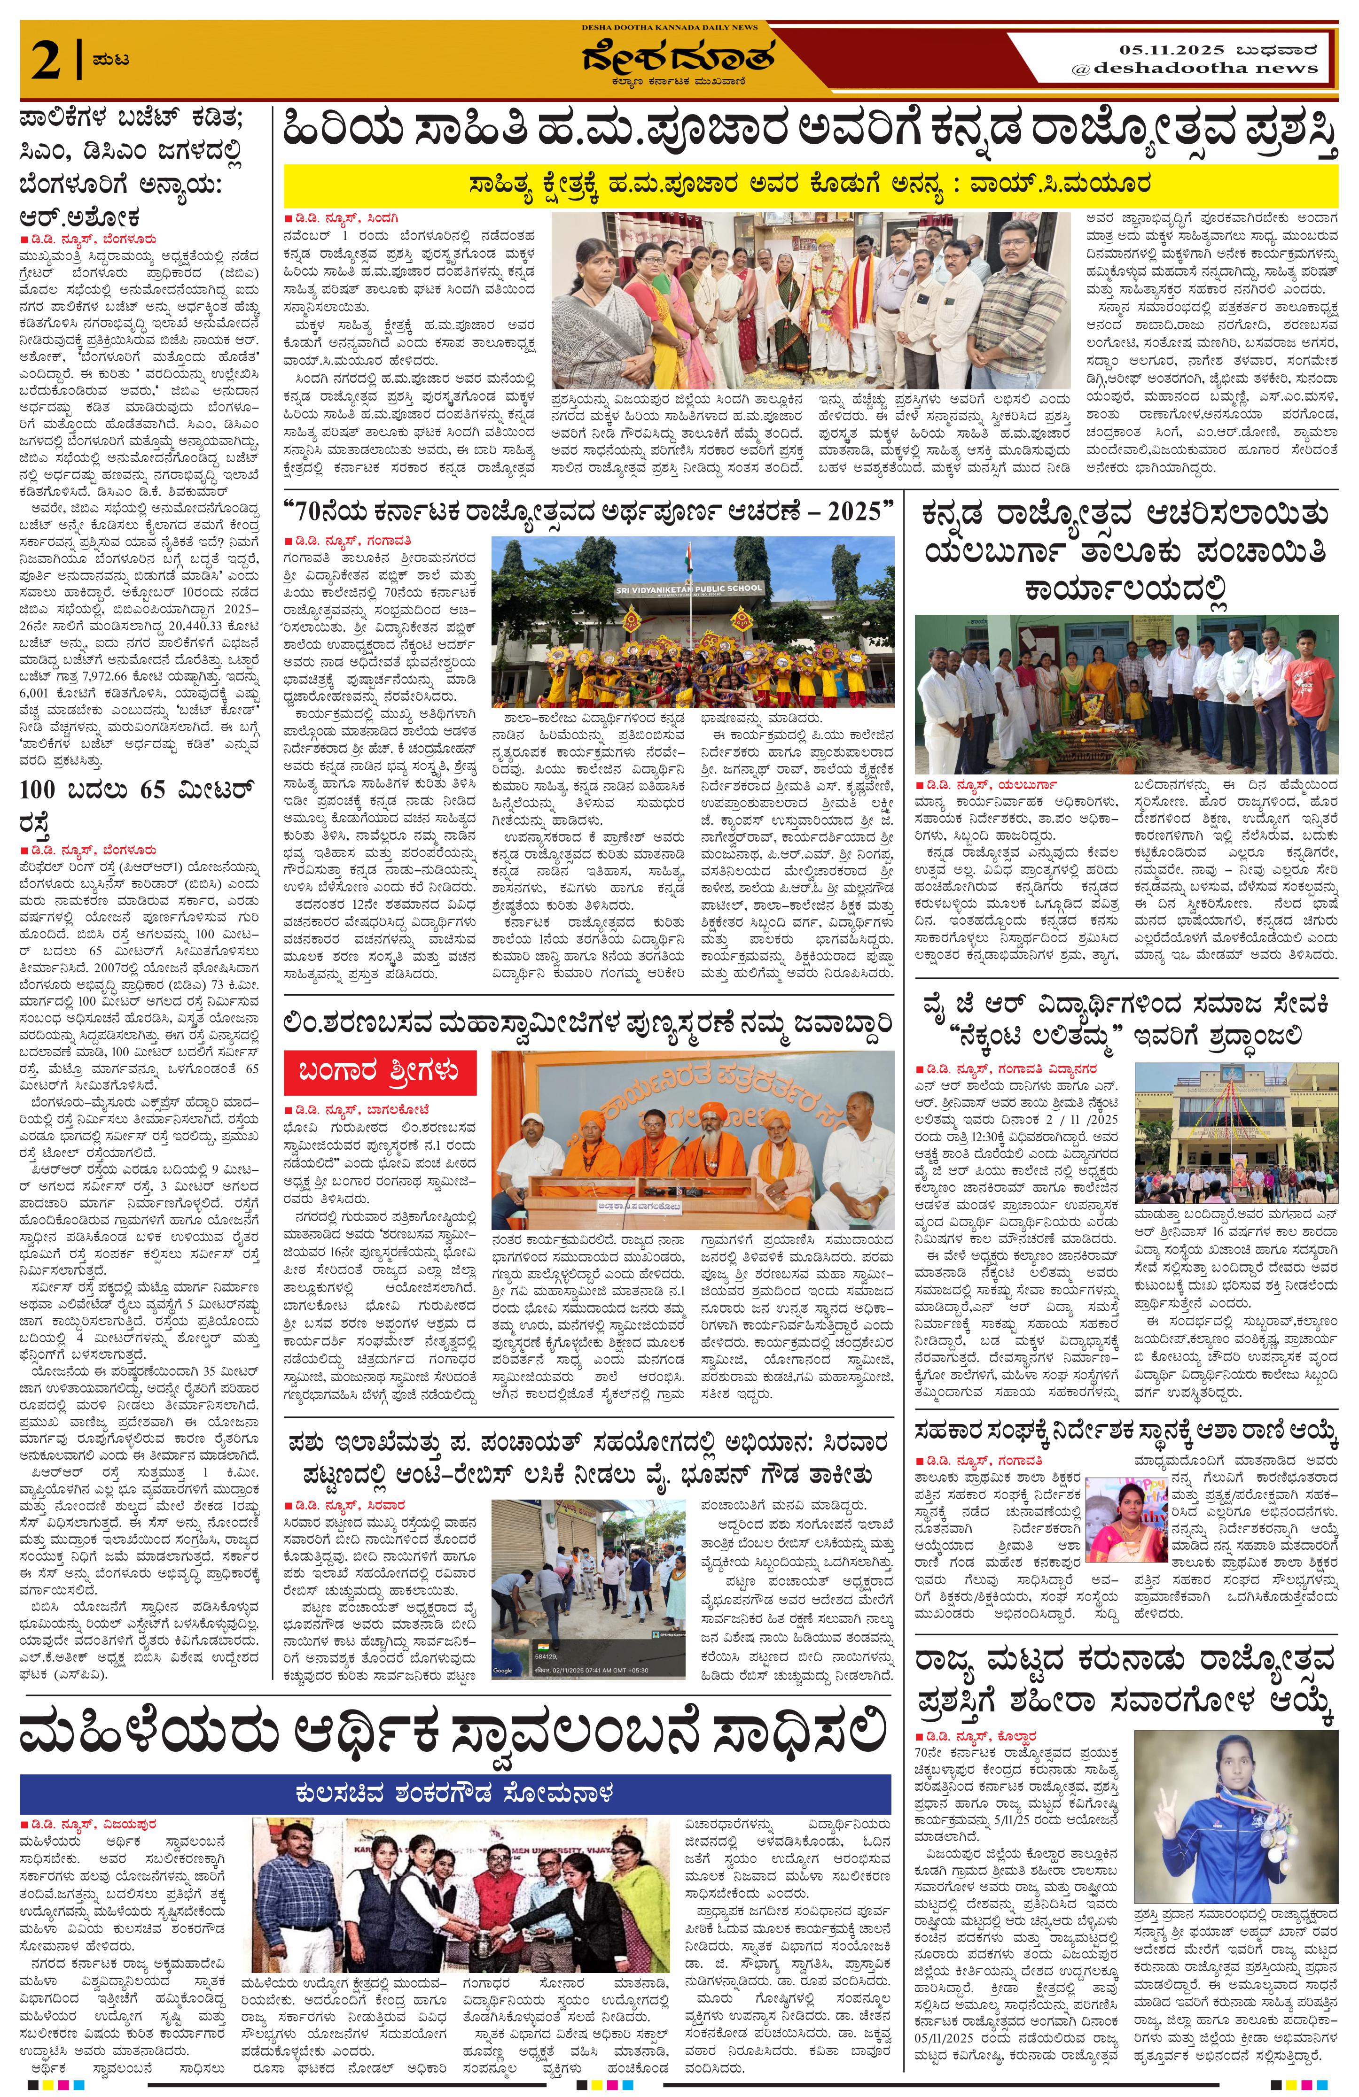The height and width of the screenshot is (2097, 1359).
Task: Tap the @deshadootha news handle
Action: (x=1194, y=68)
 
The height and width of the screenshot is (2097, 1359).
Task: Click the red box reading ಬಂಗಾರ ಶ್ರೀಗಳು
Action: (x=380, y=1070)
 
